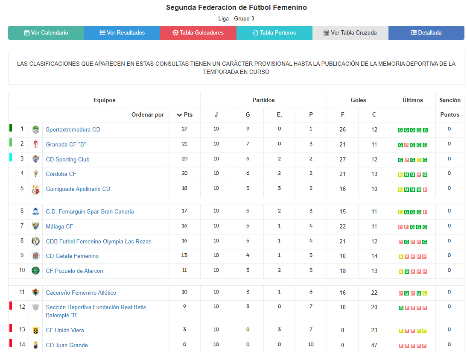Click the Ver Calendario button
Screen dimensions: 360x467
(x=46, y=33)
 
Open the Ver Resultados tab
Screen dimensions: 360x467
(x=122, y=33)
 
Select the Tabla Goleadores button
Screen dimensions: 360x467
(x=198, y=33)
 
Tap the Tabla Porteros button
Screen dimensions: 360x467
(x=274, y=33)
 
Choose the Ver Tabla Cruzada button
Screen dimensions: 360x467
(x=350, y=33)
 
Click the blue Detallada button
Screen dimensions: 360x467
(x=426, y=33)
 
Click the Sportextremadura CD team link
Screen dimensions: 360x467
(x=73, y=130)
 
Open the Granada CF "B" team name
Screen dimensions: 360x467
(x=66, y=145)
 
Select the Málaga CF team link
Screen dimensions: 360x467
(x=59, y=227)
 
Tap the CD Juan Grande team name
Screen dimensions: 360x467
(x=67, y=345)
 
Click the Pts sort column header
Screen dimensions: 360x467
(x=184, y=115)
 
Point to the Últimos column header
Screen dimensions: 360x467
(x=412, y=100)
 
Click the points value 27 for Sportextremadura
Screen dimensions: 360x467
(x=184, y=129)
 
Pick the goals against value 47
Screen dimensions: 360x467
(x=374, y=345)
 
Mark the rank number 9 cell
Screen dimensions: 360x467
(x=22, y=256)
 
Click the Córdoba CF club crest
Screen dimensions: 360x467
(x=36, y=174)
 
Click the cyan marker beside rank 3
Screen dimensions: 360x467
(x=11, y=158)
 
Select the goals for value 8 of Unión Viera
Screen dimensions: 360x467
(x=342, y=330)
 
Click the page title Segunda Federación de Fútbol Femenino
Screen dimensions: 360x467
(x=236, y=8)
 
